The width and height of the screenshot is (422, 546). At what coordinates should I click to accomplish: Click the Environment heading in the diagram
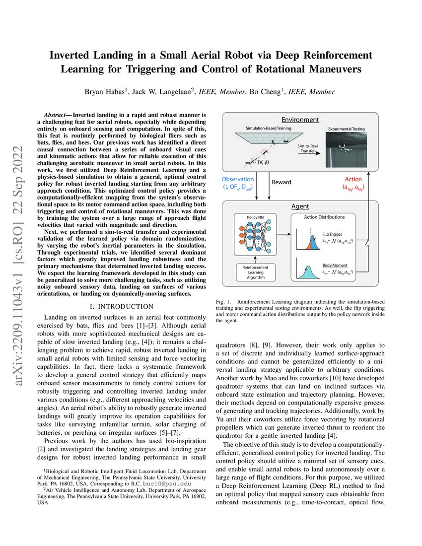pyautogui.click(x=300, y=120)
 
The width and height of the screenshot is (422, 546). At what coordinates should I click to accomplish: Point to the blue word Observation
pyautogui.click(x=237, y=179)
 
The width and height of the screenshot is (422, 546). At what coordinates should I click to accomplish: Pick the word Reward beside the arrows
pyautogui.click(x=284, y=182)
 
